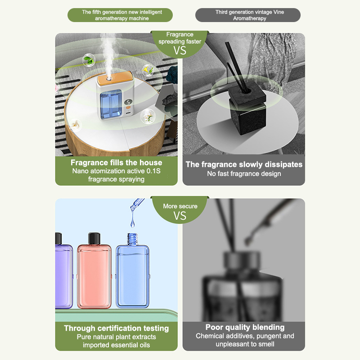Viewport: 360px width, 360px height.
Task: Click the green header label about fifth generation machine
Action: click(x=120, y=15)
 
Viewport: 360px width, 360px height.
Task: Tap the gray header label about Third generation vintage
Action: click(x=248, y=15)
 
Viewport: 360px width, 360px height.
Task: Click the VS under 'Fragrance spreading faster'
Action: click(x=180, y=50)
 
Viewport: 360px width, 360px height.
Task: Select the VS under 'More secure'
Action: click(x=180, y=216)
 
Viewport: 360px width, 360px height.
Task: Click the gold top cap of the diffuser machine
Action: click(x=115, y=78)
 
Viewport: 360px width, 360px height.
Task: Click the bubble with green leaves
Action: click(x=89, y=60)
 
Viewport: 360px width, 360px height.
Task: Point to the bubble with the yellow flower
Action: click(x=148, y=70)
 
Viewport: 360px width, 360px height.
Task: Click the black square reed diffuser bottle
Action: click(x=248, y=108)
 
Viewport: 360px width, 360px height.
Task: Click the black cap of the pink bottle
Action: click(x=94, y=238)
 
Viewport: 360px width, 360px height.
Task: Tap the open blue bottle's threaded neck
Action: click(x=132, y=239)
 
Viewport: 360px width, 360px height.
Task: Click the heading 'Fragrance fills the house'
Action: click(x=117, y=162)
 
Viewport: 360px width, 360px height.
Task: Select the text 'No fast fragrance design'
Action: click(x=244, y=174)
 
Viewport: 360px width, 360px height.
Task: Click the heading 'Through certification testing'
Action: click(x=117, y=328)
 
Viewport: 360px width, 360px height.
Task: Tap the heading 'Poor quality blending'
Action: click(x=245, y=327)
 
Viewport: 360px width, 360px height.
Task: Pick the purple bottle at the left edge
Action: click(x=64, y=271)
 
